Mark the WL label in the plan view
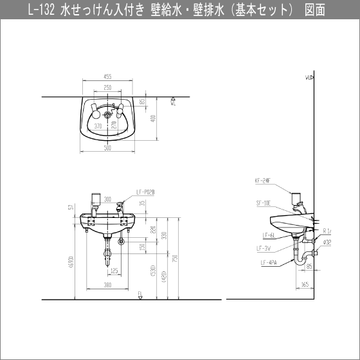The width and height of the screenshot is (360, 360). coord(174,102)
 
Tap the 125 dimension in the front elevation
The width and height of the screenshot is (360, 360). coord(114,271)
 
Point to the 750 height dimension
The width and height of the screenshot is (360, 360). coord(174,258)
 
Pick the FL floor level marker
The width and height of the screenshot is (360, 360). coord(139,294)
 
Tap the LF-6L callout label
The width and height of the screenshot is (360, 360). coord(269,235)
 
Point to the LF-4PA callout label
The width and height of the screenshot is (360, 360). coord(268,262)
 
